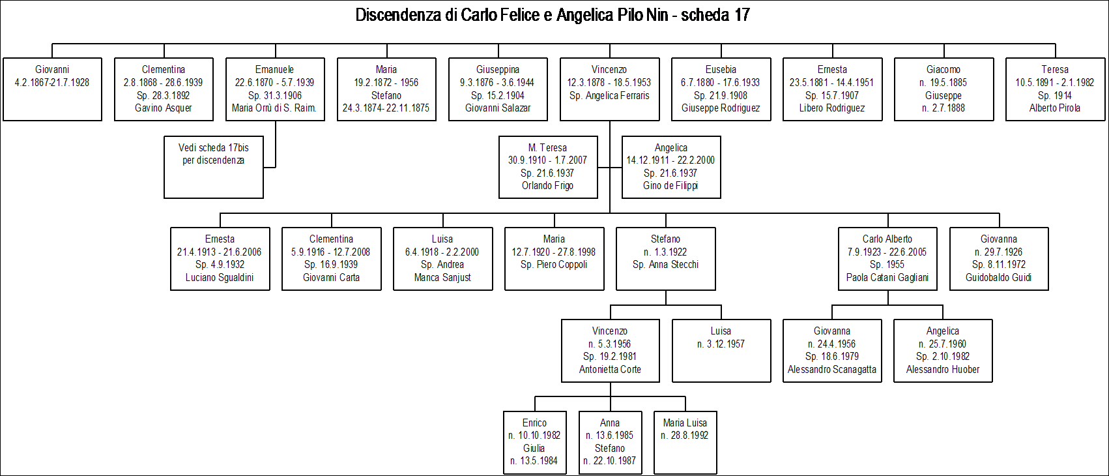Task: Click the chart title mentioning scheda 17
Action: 553,15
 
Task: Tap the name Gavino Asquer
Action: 164,108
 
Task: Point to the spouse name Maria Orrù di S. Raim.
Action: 274,108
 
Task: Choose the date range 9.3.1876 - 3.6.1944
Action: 498,83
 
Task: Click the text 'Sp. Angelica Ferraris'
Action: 609,96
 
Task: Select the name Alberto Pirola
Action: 1055,108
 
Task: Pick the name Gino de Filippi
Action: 671,186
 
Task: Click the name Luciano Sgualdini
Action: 220,278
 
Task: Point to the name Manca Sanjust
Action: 442,278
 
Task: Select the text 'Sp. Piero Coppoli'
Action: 554,265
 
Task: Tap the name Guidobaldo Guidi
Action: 999,278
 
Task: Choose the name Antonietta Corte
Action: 610,370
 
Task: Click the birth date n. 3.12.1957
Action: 721,344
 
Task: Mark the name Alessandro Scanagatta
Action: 832,370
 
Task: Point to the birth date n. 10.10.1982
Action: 534,436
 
